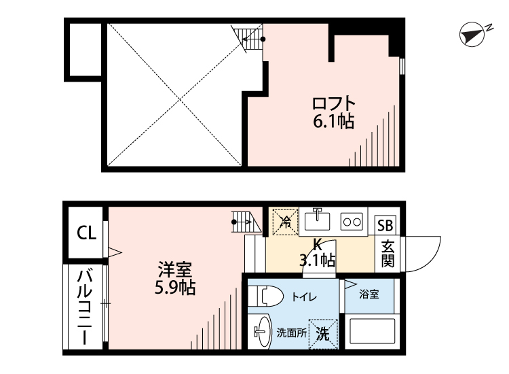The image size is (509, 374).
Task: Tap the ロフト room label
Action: pyautogui.click(x=333, y=105)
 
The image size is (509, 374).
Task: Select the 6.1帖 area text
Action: pyautogui.click(x=333, y=122)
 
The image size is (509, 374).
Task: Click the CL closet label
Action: pyautogui.click(x=86, y=234)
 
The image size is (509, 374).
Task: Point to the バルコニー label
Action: pyautogui.click(x=85, y=307)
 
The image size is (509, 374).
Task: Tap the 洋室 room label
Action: pyautogui.click(x=174, y=269)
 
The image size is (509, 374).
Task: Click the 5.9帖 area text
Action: pyautogui.click(x=174, y=288)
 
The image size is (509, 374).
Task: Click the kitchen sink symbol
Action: pyautogui.click(x=317, y=221)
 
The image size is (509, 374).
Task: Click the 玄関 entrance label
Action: pyautogui.click(x=388, y=254)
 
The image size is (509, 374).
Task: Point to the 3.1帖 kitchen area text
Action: pyautogui.click(x=318, y=260)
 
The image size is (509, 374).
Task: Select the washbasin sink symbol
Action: pyautogui.click(x=260, y=333)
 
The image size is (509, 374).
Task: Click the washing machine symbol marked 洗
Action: pyautogui.click(x=323, y=334)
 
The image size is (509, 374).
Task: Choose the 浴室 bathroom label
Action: pyautogui.click(x=369, y=294)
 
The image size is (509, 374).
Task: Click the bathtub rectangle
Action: pyautogui.click(x=371, y=333)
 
